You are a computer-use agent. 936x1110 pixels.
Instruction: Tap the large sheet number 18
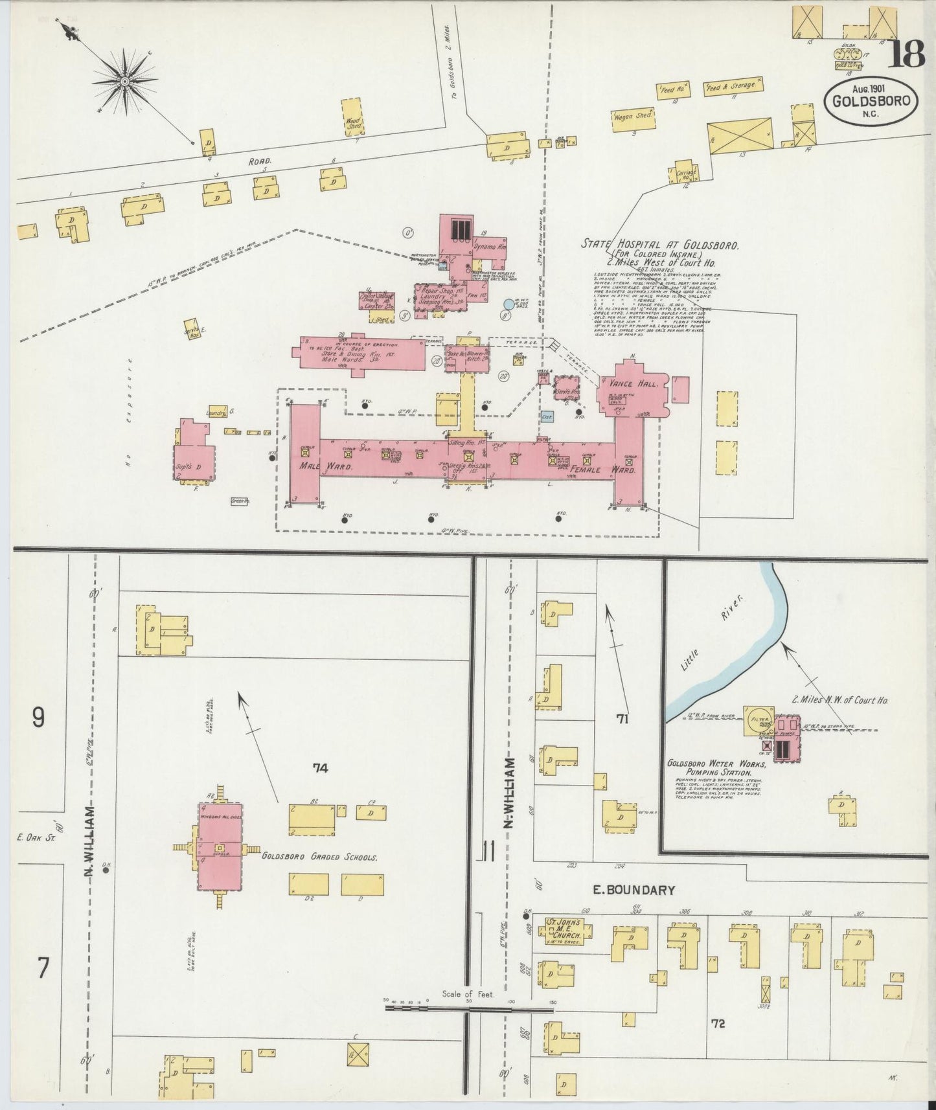pos(905,54)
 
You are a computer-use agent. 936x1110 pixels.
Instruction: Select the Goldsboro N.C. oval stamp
pos(870,102)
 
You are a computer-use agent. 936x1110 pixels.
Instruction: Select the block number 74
pos(320,768)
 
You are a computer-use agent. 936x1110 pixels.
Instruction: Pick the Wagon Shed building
pos(633,117)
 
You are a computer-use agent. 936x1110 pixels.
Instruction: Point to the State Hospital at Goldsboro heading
pos(659,245)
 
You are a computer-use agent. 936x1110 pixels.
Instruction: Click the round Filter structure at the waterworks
pos(759,721)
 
